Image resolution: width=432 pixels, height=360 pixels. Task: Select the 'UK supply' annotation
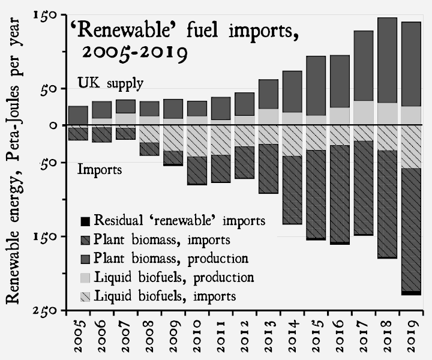[110, 83]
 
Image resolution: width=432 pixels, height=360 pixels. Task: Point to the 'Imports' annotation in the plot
[100, 170]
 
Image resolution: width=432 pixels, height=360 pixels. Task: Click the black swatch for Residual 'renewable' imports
[85, 220]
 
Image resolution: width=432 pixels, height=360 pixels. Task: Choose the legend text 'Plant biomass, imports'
[163, 240]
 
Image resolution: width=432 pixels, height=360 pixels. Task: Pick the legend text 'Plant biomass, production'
[172, 259]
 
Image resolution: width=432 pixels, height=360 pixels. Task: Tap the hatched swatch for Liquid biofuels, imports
[85, 296]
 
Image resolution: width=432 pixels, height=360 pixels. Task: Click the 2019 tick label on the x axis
[411, 337]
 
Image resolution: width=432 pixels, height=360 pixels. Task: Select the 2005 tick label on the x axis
[78, 337]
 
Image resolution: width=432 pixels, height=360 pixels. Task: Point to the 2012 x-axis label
[244, 337]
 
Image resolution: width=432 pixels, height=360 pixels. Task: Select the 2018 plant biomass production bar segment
[387, 60]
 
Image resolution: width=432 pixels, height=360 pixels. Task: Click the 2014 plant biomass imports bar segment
[292, 190]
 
